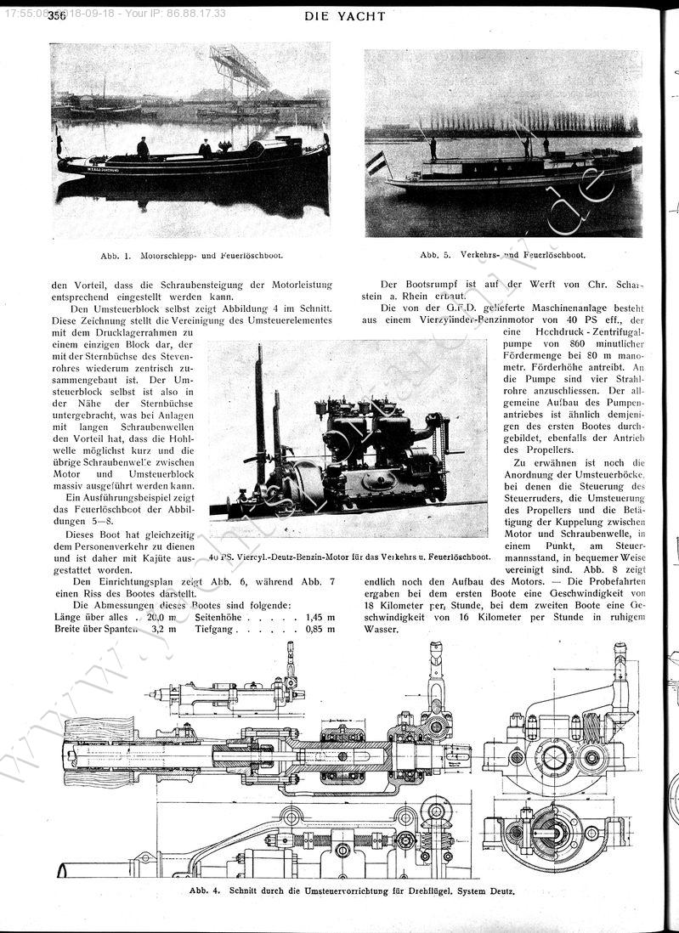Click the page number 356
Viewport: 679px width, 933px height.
(x=58, y=15)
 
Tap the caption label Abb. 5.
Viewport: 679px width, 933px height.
(x=436, y=254)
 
